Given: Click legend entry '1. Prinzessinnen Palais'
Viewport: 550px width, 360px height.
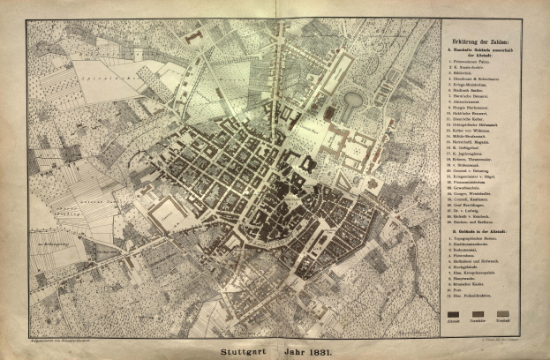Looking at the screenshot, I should click(473, 61).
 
